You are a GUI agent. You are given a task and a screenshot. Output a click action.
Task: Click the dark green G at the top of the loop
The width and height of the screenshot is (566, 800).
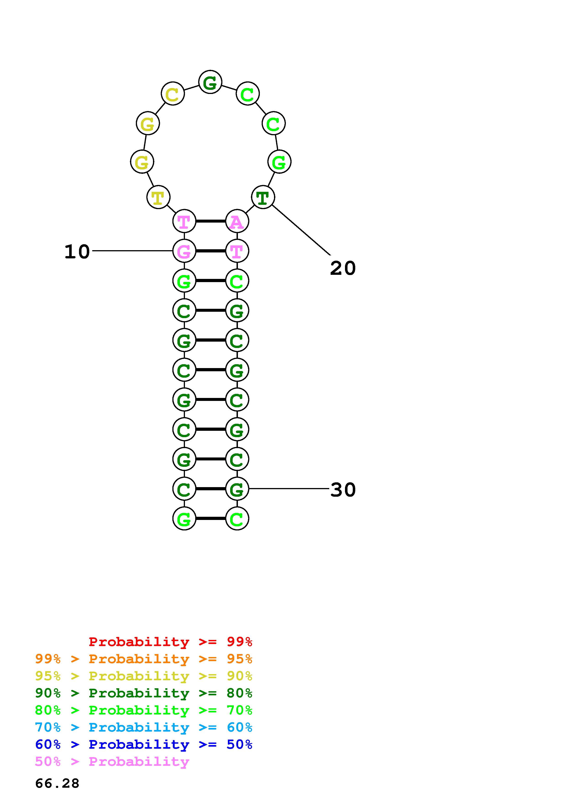[210, 83]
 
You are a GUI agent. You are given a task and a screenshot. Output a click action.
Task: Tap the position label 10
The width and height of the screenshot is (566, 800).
[77, 252]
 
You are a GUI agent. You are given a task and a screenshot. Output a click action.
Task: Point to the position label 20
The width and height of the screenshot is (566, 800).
[343, 268]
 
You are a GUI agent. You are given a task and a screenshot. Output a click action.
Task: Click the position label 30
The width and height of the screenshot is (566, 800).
[343, 490]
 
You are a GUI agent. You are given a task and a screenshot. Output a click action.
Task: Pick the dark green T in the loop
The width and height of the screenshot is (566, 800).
[263, 197]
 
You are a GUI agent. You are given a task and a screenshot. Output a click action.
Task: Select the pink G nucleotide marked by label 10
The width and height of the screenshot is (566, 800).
[184, 251]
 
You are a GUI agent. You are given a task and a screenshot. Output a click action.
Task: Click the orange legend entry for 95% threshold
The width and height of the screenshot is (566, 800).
[144, 659]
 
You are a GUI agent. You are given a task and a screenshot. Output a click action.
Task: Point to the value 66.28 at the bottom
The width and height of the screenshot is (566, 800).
[57, 784]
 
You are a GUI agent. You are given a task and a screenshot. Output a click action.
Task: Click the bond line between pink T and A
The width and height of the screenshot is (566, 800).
[211, 221]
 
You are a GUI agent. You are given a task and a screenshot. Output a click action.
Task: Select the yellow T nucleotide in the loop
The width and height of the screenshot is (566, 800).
[158, 197]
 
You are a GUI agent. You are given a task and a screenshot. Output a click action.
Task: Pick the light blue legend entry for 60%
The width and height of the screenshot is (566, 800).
[144, 727]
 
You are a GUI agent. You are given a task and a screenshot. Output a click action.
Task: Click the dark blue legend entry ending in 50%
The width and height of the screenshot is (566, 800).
[144, 745]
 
